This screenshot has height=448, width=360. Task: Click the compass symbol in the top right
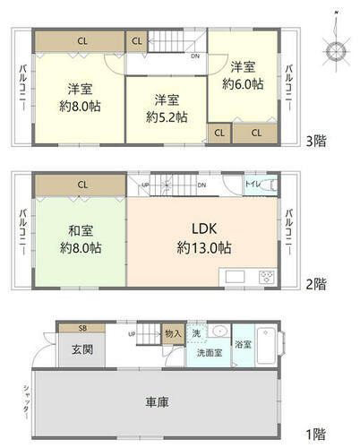click(x=336, y=51)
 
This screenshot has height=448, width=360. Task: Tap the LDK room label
click(x=204, y=229)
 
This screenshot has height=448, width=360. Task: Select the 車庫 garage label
click(x=157, y=402)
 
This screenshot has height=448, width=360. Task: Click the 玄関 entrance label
click(x=82, y=349)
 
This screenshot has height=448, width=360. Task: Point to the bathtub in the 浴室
click(x=266, y=346)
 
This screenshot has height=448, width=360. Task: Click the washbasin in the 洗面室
click(x=219, y=331)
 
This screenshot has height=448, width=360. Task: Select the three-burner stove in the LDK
click(x=267, y=277)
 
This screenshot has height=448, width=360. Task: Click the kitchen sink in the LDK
click(x=235, y=277)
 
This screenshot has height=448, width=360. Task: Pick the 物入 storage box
click(x=174, y=333)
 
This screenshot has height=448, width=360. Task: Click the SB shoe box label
click(x=82, y=328)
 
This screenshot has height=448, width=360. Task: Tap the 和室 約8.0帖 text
click(x=81, y=239)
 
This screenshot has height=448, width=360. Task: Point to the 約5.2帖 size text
click(x=167, y=117)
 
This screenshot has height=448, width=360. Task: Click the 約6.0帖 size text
click(x=243, y=84)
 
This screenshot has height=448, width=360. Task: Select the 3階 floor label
click(x=316, y=141)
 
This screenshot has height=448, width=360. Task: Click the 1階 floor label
click(x=316, y=435)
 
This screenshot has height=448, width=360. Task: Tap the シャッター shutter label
click(x=27, y=401)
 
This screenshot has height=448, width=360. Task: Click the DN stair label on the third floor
click(x=195, y=56)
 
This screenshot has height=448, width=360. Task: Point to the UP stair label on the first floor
click(x=132, y=334)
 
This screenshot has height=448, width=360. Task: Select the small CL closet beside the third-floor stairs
click(x=137, y=41)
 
